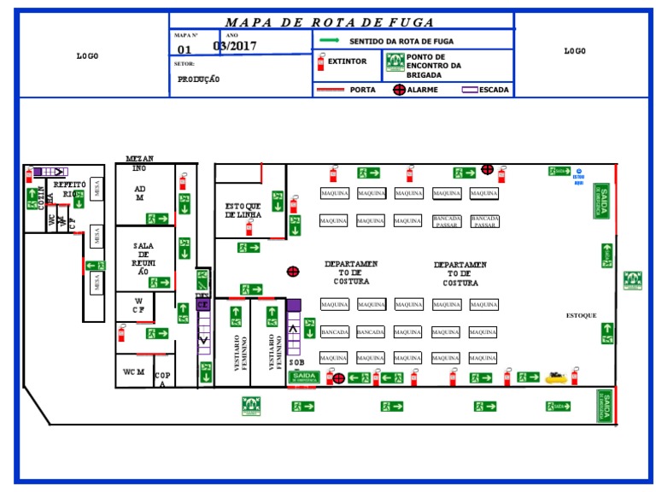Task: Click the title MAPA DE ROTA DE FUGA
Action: pyautogui.click(x=330, y=23)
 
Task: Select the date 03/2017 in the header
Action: pyautogui.click(x=234, y=46)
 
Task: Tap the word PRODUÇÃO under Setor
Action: pyautogui.click(x=198, y=79)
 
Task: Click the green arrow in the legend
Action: pyautogui.click(x=330, y=40)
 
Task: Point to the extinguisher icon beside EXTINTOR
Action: pyautogui.click(x=321, y=61)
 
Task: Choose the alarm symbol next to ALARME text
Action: pyautogui.click(x=399, y=90)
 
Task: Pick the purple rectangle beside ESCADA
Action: pyautogui.click(x=470, y=90)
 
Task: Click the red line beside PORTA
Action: pyautogui.click(x=331, y=90)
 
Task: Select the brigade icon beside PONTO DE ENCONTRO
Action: pyautogui.click(x=394, y=61)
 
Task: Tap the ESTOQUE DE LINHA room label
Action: pyautogui.click(x=243, y=210)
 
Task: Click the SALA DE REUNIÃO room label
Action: pyautogui.click(x=143, y=258)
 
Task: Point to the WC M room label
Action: pyautogui.click(x=133, y=372)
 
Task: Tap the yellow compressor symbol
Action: pyautogui.click(x=556, y=375)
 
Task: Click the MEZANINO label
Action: pyautogui.click(x=139, y=163)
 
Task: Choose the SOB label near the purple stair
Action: pyautogui.click(x=296, y=362)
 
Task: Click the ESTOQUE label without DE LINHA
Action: pyautogui.click(x=581, y=316)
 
